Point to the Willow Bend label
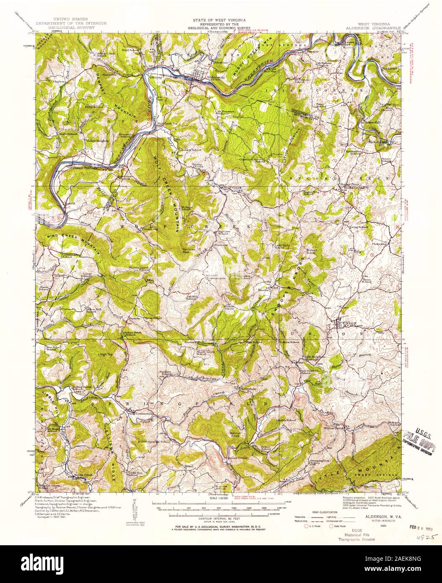(334, 428)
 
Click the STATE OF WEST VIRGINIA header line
(219, 20)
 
